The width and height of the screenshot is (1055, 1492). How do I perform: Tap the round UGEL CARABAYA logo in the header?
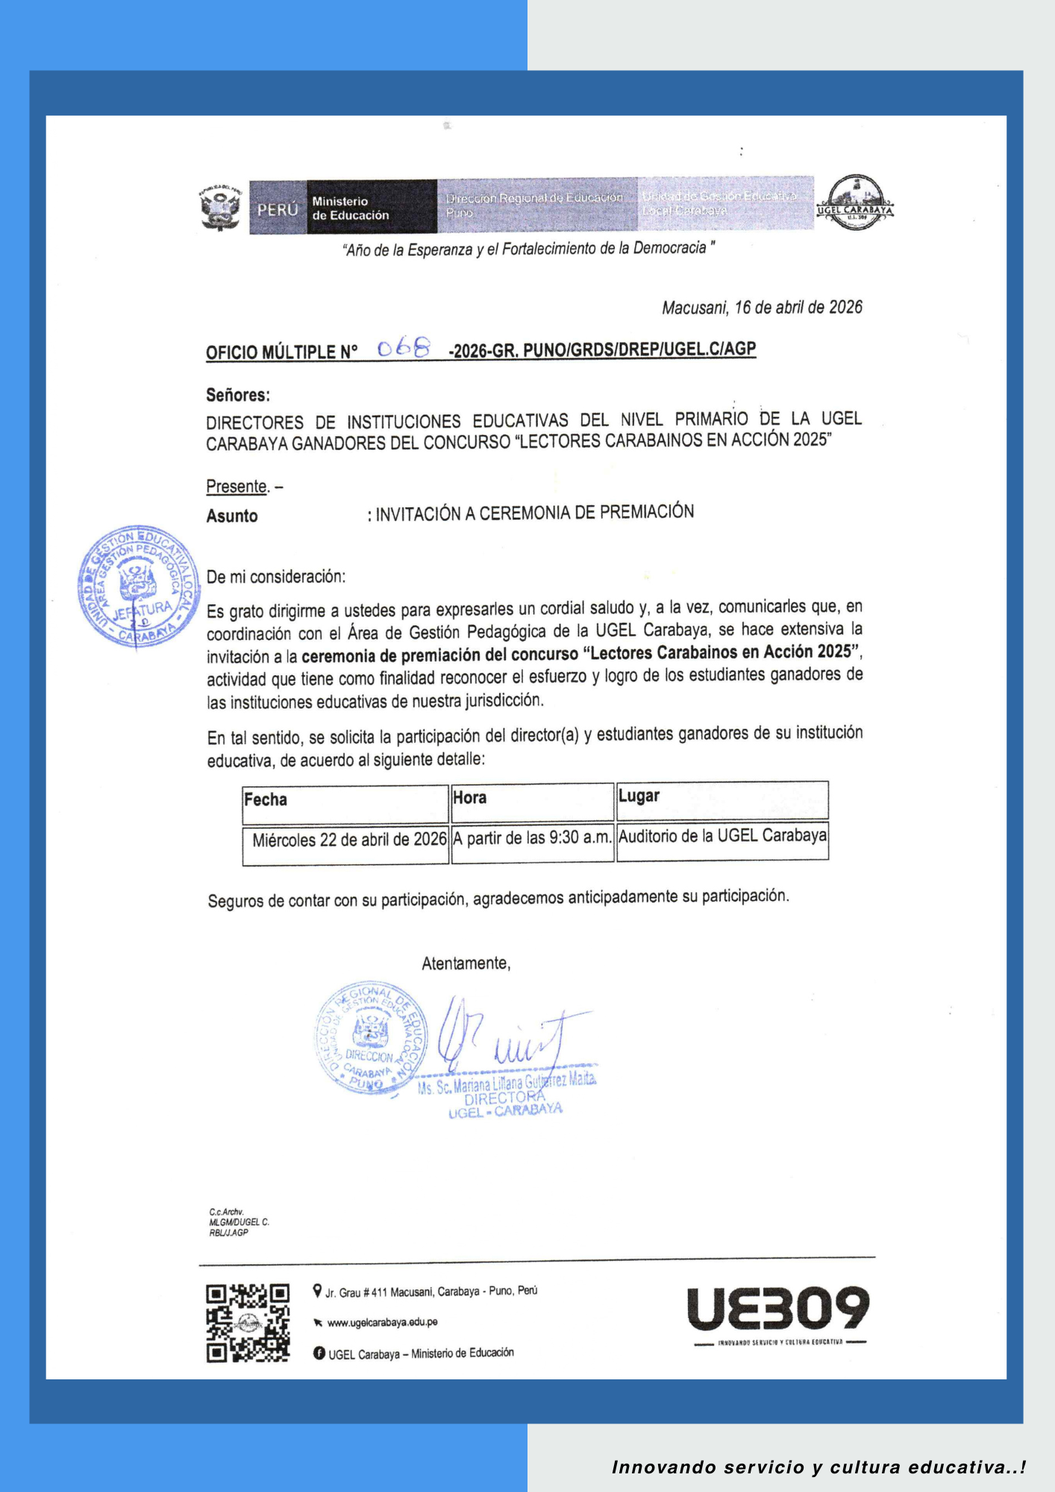(x=855, y=202)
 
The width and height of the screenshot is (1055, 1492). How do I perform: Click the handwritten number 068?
(x=404, y=348)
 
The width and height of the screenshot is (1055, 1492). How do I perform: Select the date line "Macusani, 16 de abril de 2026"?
(x=762, y=307)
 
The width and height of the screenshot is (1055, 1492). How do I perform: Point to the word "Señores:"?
(x=238, y=395)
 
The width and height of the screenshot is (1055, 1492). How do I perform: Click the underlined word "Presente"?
(x=237, y=486)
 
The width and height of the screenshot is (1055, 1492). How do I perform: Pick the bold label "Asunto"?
(x=232, y=516)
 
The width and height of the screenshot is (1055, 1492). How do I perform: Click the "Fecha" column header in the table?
(x=266, y=800)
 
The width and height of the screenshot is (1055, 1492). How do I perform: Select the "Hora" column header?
(x=470, y=798)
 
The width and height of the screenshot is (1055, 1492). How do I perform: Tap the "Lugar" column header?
(x=639, y=796)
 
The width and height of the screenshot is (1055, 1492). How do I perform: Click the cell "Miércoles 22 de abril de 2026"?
(x=349, y=840)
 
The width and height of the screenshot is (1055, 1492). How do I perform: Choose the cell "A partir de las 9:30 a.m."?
(x=532, y=838)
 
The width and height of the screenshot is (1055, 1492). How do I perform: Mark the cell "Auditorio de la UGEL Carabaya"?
(x=722, y=836)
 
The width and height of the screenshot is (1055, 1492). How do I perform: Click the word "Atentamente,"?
(x=466, y=964)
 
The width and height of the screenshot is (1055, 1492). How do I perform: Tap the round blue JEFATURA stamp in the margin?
(x=139, y=587)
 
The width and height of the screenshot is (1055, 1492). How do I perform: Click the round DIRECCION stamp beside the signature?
(x=371, y=1038)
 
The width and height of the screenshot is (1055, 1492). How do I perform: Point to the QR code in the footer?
(x=248, y=1323)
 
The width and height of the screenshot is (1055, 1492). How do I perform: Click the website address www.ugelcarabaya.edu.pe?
(x=382, y=1323)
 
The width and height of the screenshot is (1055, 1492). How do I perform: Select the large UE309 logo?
(x=778, y=1309)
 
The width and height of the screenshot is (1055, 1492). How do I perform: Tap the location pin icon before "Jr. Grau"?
(x=318, y=1291)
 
